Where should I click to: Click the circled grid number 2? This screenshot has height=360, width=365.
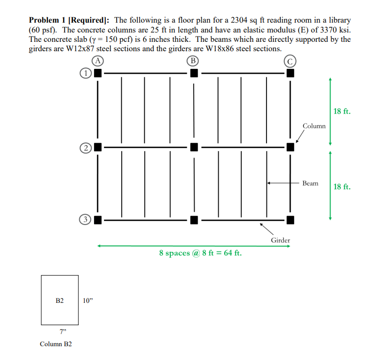tap(85, 147)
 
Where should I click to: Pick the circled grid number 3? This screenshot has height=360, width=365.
tap(85, 219)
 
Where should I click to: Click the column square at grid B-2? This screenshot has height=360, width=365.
tap(194, 147)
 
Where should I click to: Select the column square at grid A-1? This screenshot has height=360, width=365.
tap(98, 73)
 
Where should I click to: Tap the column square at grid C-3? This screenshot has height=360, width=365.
tap(290, 219)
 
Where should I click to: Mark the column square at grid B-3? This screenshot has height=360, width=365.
tap(194, 219)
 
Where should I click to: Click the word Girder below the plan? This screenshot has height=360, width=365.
tap(280, 240)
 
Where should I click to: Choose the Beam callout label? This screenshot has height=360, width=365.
tap(310, 183)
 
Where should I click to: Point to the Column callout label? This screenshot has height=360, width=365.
tap(314, 126)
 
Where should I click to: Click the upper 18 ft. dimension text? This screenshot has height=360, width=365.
tap(342, 111)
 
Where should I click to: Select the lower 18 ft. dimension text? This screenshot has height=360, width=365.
tap(342, 186)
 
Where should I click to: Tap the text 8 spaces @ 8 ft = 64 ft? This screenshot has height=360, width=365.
tap(200, 253)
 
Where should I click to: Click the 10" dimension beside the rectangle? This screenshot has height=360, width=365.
tap(88, 300)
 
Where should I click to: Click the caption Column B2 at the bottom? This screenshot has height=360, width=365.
tap(56, 344)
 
